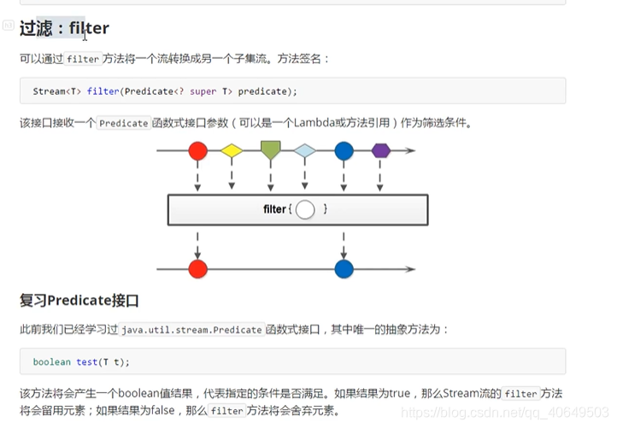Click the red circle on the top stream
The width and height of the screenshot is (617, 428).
point(197,151)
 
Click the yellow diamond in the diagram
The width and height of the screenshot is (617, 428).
point(232,151)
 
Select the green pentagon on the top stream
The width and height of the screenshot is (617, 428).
point(271,150)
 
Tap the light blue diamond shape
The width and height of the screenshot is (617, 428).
point(305,151)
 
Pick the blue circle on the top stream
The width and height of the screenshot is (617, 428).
point(344,151)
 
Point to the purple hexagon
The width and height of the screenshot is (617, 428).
point(381,151)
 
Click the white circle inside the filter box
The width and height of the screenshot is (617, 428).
point(305,209)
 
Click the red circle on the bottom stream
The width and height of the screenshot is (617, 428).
point(197,269)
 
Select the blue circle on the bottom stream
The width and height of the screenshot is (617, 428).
point(344,269)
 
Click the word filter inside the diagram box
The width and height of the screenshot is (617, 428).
point(274,209)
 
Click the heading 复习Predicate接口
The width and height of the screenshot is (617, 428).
point(79,301)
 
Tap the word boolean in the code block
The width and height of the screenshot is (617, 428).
point(52,361)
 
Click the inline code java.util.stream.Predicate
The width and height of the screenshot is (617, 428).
point(191,329)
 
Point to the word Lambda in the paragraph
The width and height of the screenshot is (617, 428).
point(314,123)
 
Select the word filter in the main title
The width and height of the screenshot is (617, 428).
point(89,28)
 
